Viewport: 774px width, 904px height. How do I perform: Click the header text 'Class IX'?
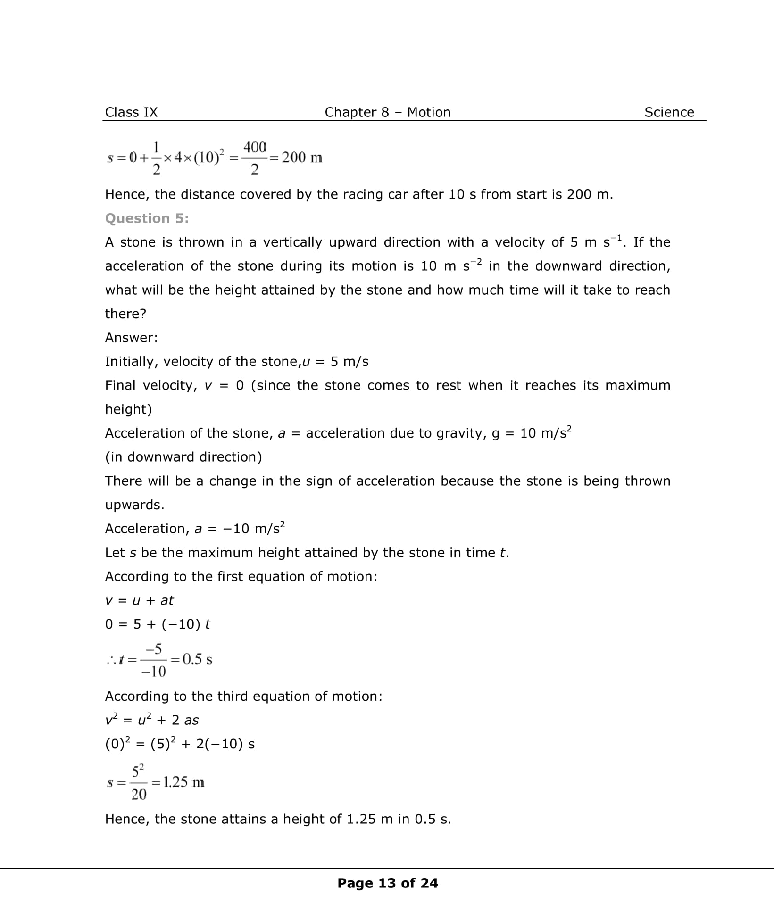coord(131,112)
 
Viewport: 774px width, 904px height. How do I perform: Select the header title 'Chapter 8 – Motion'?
coord(387,112)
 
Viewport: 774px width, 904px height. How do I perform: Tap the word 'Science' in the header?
coord(669,112)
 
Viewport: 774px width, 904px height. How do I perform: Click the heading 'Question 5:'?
coord(147,218)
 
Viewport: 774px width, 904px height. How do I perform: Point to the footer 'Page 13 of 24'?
coord(387,883)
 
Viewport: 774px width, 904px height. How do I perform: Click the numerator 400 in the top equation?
coord(255,147)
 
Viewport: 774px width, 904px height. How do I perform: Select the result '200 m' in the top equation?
coord(302,158)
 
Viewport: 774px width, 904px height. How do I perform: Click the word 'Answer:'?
coord(131,338)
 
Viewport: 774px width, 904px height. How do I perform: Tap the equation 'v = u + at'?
coord(139,600)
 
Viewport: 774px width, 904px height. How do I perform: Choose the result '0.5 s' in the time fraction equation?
coord(197,659)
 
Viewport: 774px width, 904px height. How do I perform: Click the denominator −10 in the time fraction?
coord(154,671)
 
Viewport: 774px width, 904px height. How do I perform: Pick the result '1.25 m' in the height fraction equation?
coord(183,782)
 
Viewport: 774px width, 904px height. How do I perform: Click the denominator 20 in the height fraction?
coord(139,795)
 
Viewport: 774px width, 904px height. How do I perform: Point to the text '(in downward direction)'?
coord(183,457)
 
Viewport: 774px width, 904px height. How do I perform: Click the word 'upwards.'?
coord(134,505)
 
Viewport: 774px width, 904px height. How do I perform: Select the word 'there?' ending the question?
coord(125,314)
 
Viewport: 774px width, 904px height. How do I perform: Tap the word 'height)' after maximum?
coord(128,409)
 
